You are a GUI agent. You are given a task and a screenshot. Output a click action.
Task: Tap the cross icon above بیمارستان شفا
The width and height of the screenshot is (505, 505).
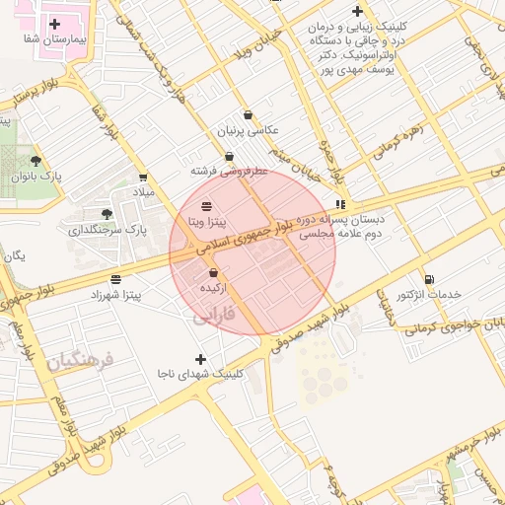pos(53,23)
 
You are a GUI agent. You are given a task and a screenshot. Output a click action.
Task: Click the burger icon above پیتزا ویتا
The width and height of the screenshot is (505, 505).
pos(205,206)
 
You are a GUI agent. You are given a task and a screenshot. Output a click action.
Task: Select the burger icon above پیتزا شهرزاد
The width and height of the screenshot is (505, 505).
pos(116,278)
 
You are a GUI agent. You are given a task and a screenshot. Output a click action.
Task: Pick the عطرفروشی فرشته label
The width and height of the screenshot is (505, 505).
pos(229,171)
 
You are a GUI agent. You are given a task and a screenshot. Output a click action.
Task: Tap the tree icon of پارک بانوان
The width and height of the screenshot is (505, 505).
pos(36,160)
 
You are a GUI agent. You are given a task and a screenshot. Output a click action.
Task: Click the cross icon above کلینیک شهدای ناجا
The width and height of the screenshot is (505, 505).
pos(202,358)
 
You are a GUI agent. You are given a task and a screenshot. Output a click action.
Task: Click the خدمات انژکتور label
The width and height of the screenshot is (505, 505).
pos(428,295)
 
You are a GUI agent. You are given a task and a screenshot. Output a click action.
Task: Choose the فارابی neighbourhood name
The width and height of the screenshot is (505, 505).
pos(209,317)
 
